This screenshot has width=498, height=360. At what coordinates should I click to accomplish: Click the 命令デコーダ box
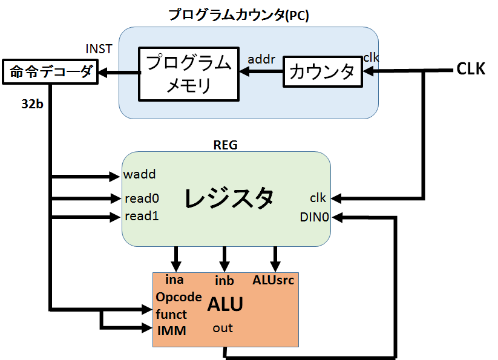[50, 73]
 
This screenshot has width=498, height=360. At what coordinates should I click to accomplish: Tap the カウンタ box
[323, 72]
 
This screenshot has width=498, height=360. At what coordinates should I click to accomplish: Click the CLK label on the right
[470, 69]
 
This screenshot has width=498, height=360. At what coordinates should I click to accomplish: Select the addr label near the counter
[261, 59]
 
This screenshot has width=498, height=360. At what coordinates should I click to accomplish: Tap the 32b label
[31, 103]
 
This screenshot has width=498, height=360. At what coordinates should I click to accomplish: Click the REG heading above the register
[225, 145]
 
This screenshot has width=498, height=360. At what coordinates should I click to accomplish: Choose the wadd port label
[139, 175]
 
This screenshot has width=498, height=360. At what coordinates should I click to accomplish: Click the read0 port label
[142, 198]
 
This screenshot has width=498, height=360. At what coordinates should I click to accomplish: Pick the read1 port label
[142, 216]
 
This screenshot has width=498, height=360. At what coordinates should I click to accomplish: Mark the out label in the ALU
[223, 328]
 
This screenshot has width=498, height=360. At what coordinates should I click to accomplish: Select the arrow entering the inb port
[224, 259]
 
